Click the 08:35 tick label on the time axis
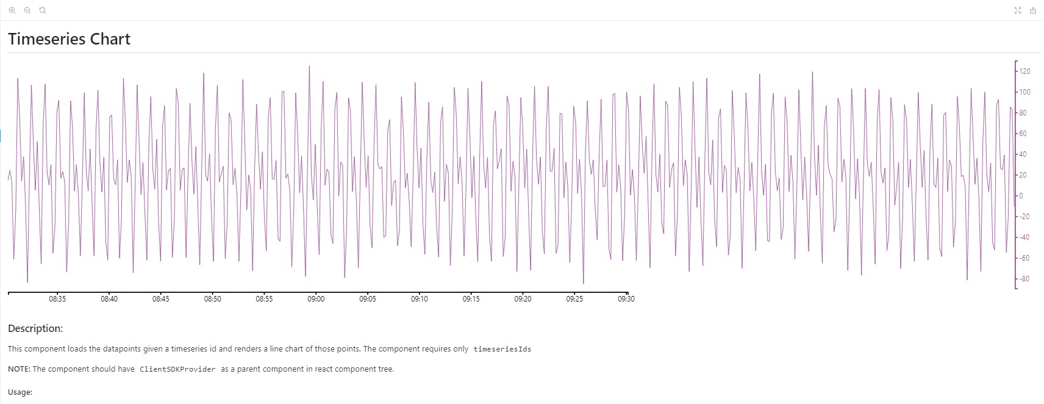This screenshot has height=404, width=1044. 57,299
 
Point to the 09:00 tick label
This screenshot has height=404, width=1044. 316,299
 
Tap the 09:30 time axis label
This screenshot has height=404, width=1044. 626,299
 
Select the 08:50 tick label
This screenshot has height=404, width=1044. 213,299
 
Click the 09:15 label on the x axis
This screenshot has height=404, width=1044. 471,299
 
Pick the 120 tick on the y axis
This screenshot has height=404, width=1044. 1025,71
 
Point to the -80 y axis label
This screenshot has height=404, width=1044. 1024,279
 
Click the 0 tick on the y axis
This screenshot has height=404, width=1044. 1021,196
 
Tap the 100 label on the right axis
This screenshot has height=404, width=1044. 1025,92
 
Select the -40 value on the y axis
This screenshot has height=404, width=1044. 1024,237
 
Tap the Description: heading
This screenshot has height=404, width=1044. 35,328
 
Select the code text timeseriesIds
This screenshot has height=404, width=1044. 502,349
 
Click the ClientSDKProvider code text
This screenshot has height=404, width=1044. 177,369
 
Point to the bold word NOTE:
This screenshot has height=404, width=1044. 19,369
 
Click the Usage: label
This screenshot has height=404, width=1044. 20,392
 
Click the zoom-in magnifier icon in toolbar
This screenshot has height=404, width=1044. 12,10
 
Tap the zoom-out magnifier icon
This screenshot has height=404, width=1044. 27,10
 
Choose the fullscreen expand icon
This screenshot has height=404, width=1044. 1018,10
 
